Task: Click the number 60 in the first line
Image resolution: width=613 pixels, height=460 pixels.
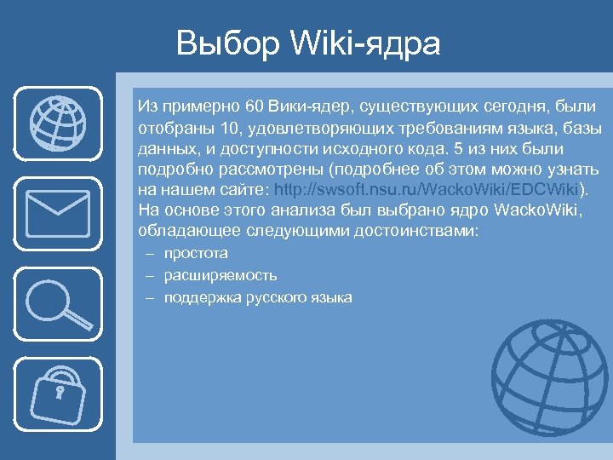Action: click(254, 107)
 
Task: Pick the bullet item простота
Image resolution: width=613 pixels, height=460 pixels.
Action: click(196, 253)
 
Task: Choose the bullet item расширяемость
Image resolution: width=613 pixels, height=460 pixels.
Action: click(221, 275)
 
